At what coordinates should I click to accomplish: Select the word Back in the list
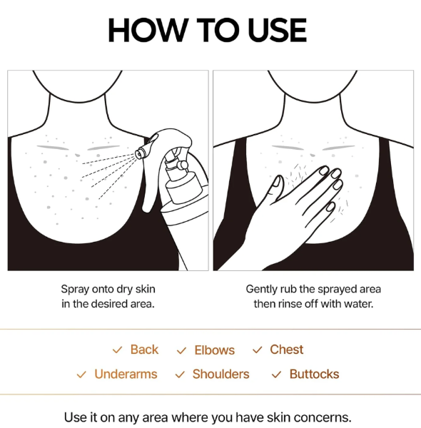point(144,350)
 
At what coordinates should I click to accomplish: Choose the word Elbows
point(214,350)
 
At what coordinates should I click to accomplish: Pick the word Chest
point(286,350)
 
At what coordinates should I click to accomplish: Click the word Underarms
point(126,374)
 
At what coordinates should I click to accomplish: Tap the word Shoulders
point(221,374)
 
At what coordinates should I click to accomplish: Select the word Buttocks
point(314,374)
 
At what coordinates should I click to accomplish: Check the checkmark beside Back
point(118,350)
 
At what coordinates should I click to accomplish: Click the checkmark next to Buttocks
point(276,374)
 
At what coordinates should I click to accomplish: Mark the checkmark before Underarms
point(81,374)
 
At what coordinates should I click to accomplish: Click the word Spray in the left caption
point(75,290)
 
